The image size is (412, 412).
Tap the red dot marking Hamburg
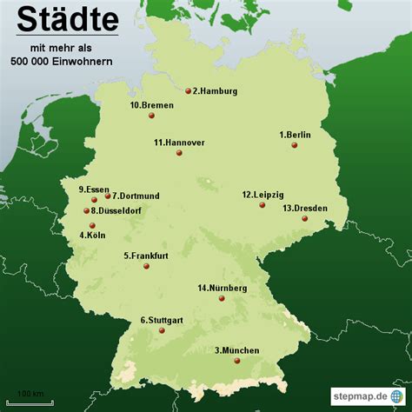(x=188, y=90)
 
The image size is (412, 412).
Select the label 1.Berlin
(x=295, y=135)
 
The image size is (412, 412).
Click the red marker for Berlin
(x=295, y=145)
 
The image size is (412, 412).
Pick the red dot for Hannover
(x=179, y=153)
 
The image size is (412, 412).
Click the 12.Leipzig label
(x=262, y=195)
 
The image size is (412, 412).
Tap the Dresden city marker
(x=304, y=218)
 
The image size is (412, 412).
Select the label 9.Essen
(x=93, y=189)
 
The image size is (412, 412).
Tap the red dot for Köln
(x=92, y=225)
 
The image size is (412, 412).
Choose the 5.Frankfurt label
(x=145, y=256)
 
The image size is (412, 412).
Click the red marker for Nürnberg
(x=222, y=298)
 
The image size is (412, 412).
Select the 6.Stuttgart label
(x=164, y=320)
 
